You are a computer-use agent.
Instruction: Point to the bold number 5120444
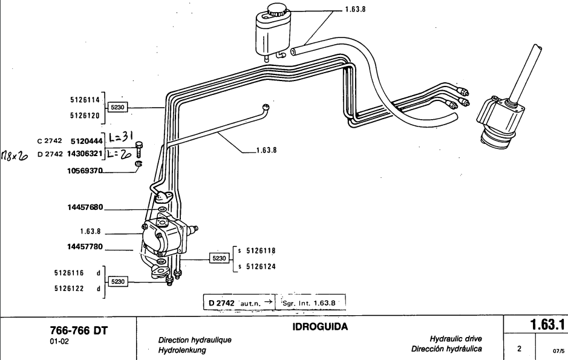coord(85,140)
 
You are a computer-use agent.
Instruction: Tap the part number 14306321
coord(82,154)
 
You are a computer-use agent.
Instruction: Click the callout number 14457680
coord(85,208)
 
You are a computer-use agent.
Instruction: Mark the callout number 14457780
coord(85,246)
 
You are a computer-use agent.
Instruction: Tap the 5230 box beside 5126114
coord(117,107)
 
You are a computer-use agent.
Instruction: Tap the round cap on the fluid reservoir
coord(278,11)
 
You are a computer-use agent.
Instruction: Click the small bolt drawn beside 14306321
coord(140,149)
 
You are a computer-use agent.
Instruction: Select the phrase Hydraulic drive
coord(455,339)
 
